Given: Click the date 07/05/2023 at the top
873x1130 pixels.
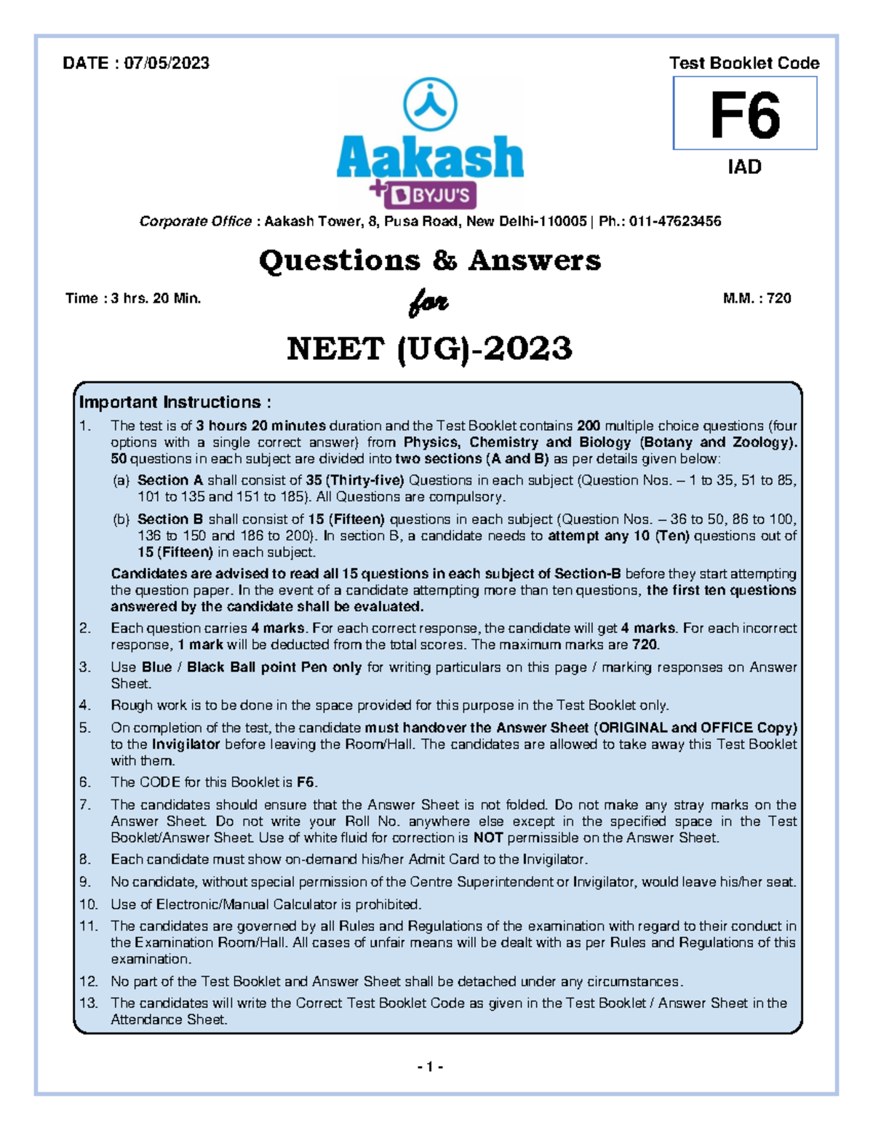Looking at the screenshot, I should (167, 63).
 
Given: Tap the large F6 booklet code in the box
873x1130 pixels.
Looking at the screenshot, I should (744, 116).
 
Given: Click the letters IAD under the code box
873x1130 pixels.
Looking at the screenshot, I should (744, 167).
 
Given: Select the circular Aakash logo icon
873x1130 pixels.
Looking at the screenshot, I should (430, 105).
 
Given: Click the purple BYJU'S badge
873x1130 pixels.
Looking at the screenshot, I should (433, 196).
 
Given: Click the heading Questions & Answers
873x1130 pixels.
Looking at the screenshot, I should (430, 260).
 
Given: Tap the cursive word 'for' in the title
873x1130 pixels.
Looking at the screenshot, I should (428, 302).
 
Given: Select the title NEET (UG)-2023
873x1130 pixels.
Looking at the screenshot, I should (430, 349).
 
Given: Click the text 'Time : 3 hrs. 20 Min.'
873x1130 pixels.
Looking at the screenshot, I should (133, 298).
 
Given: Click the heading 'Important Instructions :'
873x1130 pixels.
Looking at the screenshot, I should (175, 402).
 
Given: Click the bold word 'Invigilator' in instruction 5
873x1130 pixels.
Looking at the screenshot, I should (186, 744).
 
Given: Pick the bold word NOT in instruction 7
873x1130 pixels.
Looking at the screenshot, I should (487, 838).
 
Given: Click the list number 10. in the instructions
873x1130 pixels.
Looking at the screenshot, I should (88, 904).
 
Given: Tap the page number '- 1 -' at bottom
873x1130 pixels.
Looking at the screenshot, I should (430, 1067).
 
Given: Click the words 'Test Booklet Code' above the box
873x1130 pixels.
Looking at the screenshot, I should (744, 63).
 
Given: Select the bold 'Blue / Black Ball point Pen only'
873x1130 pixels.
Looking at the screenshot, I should (252, 667).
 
